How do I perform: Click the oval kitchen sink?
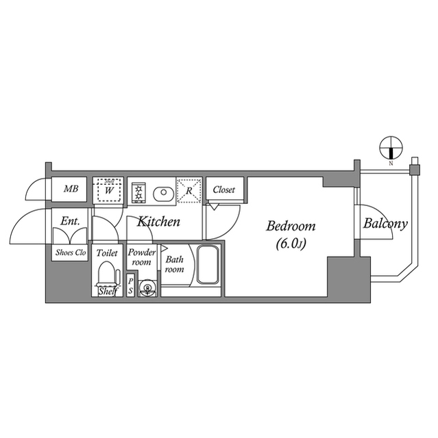coord(162,192)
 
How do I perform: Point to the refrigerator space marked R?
coord(188,190)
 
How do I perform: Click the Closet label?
coord(224,190)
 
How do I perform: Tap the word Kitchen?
coord(158,222)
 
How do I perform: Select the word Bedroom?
coord(290,226)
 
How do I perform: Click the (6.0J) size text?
coord(291,242)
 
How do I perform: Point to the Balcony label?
coord(385,223)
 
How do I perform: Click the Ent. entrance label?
coord(70,222)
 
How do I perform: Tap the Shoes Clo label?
coord(70,252)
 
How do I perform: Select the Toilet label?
coord(107,253)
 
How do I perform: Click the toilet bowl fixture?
coord(107,274)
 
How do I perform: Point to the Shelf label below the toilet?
coord(107,292)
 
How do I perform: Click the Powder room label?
coord(141,257)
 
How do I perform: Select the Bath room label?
coord(174,264)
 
